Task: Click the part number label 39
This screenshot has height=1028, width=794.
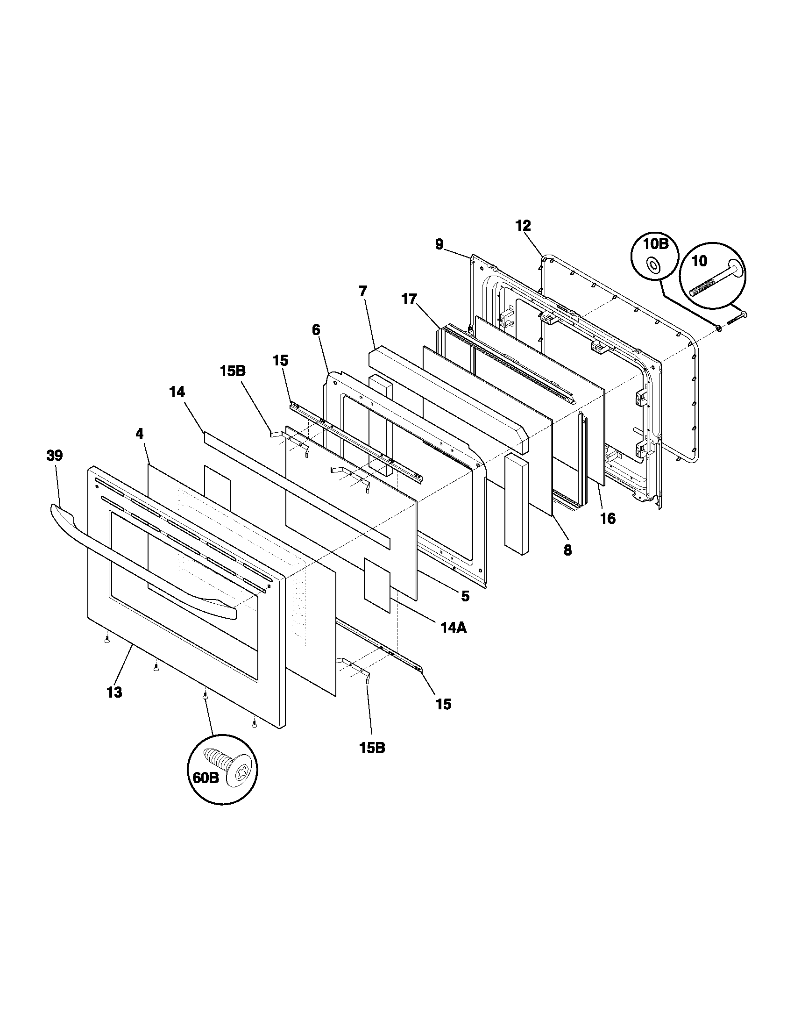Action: [55, 455]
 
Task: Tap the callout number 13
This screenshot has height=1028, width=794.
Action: [114, 692]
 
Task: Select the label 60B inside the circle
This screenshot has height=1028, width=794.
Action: [206, 778]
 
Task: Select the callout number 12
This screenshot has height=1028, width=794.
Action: [523, 226]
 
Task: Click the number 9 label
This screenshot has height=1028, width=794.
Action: [439, 245]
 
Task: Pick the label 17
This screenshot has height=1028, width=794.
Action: [409, 299]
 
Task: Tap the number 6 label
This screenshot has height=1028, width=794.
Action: [316, 329]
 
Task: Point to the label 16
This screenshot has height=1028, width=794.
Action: [608, 519]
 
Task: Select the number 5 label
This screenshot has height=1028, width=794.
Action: [465, 596]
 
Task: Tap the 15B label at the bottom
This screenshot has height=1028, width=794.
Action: [372, 748]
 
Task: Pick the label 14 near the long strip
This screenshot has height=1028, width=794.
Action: [177, 392]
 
